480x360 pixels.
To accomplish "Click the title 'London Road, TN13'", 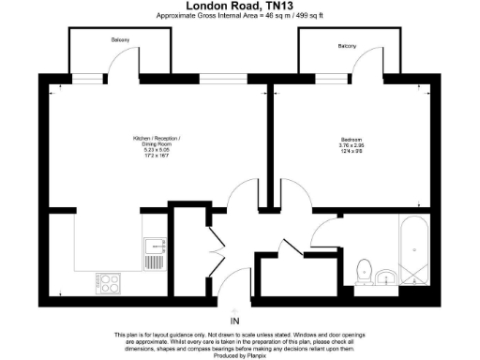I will point(239,6).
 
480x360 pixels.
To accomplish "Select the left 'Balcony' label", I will point(120,41).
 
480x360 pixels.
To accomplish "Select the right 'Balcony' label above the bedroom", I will point(347,46).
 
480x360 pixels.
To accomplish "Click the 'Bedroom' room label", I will point(351,138).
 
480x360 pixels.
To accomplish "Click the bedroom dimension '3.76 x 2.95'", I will point(351,145).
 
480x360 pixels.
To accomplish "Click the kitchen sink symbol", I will point(155,246).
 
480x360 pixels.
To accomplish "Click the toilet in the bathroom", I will point(365,271).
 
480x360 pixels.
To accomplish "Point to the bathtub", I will point(414,253).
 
